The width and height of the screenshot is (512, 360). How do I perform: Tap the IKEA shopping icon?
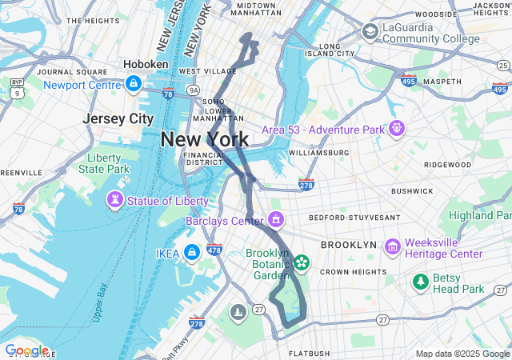pos(191,254)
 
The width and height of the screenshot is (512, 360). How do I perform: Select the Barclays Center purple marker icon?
pos(277,219)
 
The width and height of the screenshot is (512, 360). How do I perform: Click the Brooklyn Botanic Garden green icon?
pos(302,262)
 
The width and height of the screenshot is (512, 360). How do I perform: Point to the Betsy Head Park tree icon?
pos(420,282)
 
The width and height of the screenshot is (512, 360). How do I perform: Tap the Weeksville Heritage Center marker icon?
pos(393,247)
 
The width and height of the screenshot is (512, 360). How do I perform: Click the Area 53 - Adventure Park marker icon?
pos(396,128)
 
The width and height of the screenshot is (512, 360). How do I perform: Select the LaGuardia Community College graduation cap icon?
pos(370,31)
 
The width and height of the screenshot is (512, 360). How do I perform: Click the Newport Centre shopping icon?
pos(133,83)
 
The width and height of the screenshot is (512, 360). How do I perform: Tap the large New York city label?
pos(204,139)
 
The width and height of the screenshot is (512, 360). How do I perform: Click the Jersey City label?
pos(118,118)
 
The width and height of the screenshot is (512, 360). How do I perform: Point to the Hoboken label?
pos(146,64)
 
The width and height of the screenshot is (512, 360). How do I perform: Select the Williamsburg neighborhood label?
pos(318,152)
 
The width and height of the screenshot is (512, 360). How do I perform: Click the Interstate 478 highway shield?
pos(214,250)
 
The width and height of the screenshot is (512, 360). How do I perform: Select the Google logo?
pos(26,350)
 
